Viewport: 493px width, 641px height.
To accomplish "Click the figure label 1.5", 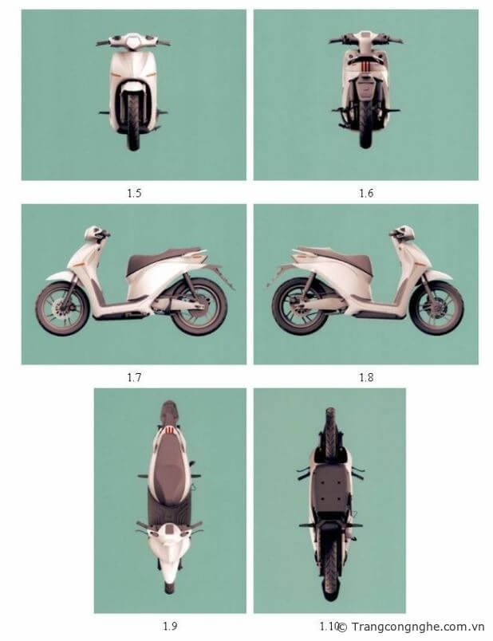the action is pos(134,193).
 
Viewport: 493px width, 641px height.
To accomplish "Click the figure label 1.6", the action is pos(366,193).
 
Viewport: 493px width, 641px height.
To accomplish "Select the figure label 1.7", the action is pos(134,377).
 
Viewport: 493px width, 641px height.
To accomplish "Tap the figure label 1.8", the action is pos(366,377).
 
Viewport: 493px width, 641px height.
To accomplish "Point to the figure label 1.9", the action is pos(170,626).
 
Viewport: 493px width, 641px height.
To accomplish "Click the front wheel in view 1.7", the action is pos(62,309).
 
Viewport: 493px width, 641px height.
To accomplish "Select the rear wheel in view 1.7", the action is pos(199,307).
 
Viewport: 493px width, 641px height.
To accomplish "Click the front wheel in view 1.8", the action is pos(436,308).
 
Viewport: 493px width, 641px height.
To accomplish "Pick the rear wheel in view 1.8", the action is pos(300,306).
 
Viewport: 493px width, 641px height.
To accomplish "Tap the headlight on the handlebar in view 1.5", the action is pos(133,41).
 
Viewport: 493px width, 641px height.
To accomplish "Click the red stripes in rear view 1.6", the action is pos(365,66).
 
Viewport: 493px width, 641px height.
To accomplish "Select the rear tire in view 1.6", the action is pos(365,123).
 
